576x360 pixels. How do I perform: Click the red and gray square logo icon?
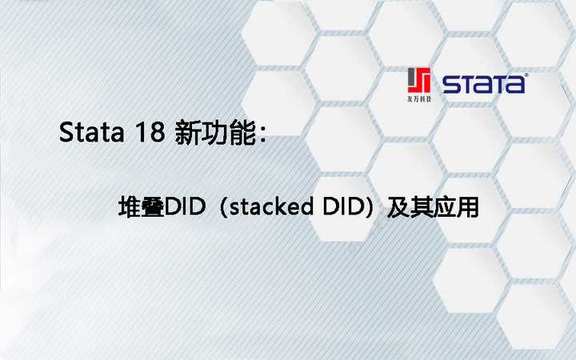click(x=419, y=81)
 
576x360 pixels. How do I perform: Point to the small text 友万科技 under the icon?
click(x=419, y=99)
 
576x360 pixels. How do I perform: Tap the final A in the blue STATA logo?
click(x=514, y=84)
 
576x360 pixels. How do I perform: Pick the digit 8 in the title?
click(x=154, y=133)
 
